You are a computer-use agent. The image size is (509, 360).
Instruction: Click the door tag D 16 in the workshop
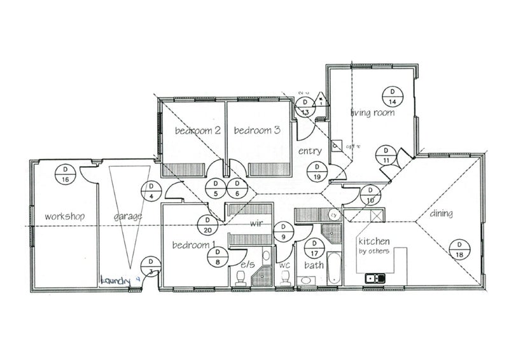65,174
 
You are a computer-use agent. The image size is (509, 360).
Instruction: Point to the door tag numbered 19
317,172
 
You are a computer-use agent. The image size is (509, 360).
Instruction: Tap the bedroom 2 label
197,131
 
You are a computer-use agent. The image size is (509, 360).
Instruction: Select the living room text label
373,113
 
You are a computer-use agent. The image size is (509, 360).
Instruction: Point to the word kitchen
373,242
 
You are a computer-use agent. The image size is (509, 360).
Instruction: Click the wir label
256,223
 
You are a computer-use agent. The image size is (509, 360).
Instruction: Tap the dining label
440,214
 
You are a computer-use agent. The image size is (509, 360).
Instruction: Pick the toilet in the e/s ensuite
241,277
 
